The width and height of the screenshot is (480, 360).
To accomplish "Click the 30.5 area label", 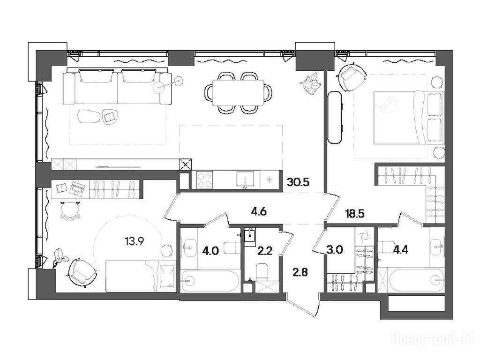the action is point(298,182).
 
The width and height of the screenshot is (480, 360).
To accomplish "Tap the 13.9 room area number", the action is point(135,241).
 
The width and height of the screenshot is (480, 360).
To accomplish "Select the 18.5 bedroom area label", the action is point(355,213).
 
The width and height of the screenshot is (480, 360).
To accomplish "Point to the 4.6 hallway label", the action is point(259,211).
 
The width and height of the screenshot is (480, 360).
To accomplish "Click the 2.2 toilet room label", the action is point(265,251).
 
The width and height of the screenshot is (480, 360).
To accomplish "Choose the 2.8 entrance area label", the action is point(300,272).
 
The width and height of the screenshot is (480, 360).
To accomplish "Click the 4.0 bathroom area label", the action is point(210,251).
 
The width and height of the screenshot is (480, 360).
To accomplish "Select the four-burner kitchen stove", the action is point(205,180).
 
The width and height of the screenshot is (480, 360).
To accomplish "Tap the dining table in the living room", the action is point(238,92).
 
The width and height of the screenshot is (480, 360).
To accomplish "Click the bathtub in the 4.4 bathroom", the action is point(415,280).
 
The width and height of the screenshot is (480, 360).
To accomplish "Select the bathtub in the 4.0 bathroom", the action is point(210,281).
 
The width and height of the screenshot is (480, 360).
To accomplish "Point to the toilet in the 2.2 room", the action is point(262,272).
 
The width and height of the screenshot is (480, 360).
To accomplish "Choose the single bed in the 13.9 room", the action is point(141,276).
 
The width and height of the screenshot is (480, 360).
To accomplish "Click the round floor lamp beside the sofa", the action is point(179,81).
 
